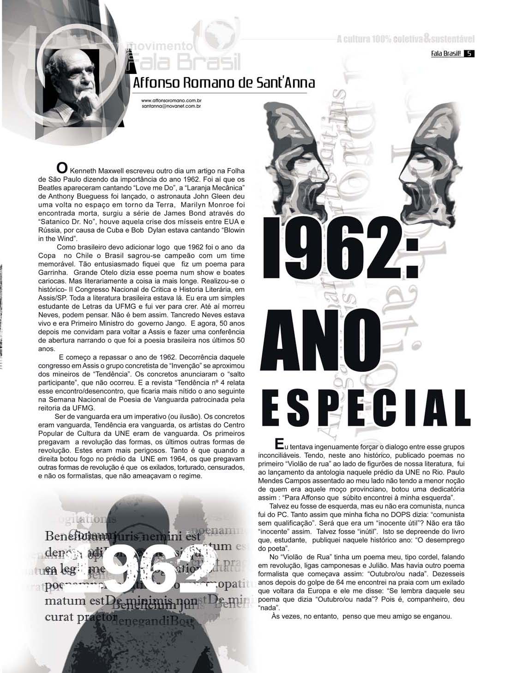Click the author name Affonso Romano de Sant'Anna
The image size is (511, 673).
coord(223,83)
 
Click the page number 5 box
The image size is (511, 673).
coord(469,53)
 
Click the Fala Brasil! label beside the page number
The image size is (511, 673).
coord(446,53)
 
